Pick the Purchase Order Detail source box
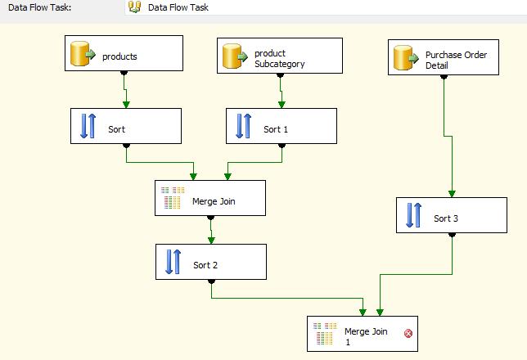(444, 58)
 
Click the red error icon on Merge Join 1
(408, 333)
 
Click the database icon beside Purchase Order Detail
(404, 58)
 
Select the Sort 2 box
(211, 262)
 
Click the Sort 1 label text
(276, 129)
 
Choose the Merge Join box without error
(210, 198)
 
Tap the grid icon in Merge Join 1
(325, 333)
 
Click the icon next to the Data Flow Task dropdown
(134, 7)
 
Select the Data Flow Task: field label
(39, 7)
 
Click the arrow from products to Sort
(126, 92)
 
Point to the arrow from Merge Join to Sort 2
(211, 231)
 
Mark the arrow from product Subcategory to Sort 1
(282, 92)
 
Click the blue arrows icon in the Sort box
(88, 126)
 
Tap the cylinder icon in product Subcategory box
(236, 56)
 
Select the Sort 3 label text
(446, 218)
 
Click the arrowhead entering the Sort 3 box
(452, 194)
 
